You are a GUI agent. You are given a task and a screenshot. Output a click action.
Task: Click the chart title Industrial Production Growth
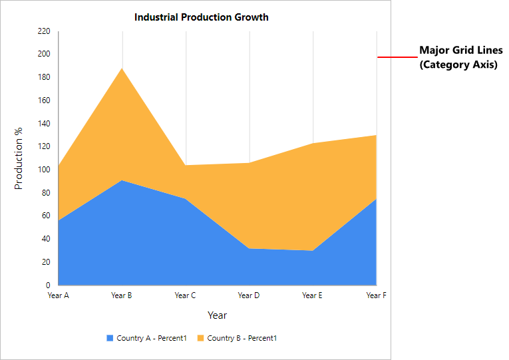pyautogui.click(x=202, y=17)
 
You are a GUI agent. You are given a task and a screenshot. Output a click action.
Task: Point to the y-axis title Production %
pyautogui.click(x=19, y=158)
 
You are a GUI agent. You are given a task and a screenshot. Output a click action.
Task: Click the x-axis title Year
pyautogui.click(x=217, y=315)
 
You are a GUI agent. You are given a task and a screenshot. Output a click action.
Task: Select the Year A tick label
pyautogui.click(x=59, y=295)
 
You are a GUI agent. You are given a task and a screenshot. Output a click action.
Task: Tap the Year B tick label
pyautogui.click(x=122, y=295)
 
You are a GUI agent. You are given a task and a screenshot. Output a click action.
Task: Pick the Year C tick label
pyautogui.click(x=186, y=295)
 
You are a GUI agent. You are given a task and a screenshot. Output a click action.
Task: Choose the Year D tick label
pyautogui.click(x=249, y=295)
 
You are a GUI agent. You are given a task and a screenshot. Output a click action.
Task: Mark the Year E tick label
pyautogui.click(x=313, y=295)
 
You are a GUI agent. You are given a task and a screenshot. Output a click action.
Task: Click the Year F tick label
pyautogui.click(x=376, y=295)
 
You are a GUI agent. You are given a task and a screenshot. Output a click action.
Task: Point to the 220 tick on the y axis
pyautogui.click(x=44, y=31)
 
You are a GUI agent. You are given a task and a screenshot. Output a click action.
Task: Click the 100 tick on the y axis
pyautogui.click(x=44, y=170)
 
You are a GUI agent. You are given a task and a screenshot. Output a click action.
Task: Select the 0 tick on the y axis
pyautogui.click(x=48, y=285)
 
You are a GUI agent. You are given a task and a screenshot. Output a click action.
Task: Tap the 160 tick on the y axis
pyautogui.click(x=44, y=100)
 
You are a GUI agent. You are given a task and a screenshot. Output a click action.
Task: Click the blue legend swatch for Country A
pyautogui.click(x=110, y=338)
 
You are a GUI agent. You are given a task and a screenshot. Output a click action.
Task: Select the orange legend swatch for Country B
pyautogui.click(x=200, y=338)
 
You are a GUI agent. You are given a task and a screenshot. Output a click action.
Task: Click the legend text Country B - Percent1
pyautogui.click(x=242, y=338)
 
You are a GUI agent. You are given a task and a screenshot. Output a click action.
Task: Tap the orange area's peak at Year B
pyautogui.click(x=122, y=69)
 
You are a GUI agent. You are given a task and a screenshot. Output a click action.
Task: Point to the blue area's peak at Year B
pyautogui.click(x=122, y=180)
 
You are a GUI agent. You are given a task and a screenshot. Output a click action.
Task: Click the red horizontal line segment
pyautogui.click(x=397, y=57)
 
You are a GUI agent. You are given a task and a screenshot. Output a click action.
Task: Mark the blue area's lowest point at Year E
pyautogui.click(x=313, y=251)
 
